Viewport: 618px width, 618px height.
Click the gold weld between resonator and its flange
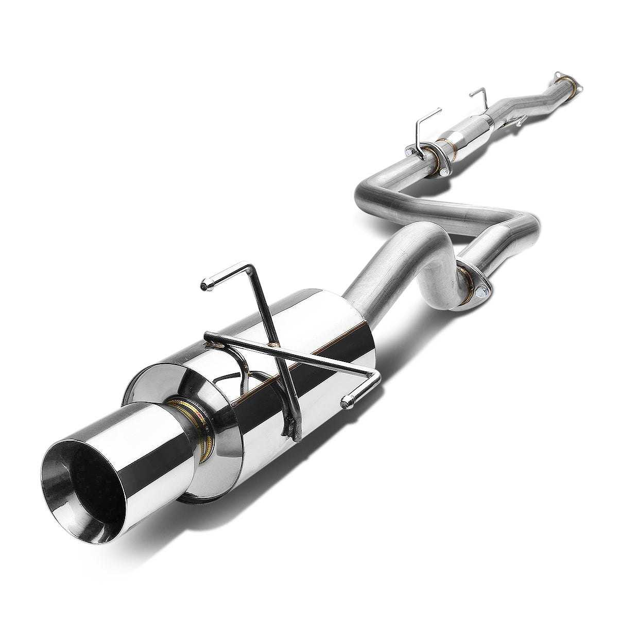(443, 143)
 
